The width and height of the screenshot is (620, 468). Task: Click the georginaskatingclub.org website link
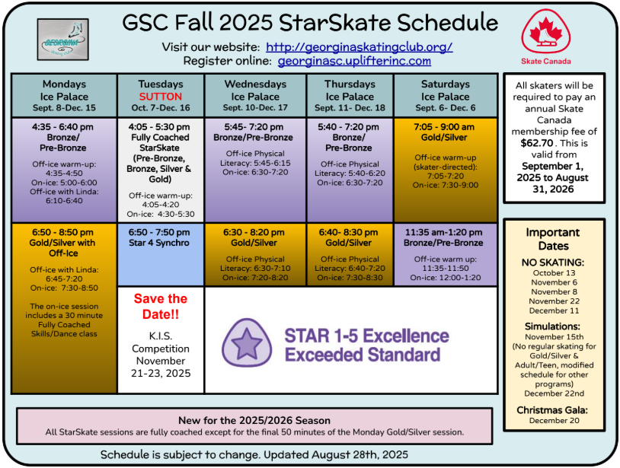pyautogui.click(x=359, y=47)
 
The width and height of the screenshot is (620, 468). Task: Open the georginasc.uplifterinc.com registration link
pyautogui.click(x=354, y=61)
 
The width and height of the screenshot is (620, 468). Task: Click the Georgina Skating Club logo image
pyautogui.click(x=63, y=40)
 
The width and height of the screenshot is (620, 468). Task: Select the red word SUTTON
pyautogui.click(x=161, y=97)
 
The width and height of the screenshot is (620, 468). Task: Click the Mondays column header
pyautogui.click(x=64, y=96)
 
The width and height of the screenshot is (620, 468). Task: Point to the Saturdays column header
pyautogui.click(x=446, y=96)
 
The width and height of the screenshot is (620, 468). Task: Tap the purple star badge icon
pyautogui.click(x=247, y=342)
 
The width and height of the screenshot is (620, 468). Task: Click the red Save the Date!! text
pyautogui.click(x=161, y=306)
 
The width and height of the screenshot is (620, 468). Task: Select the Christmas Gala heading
pyautogui.click(x=552, y=410)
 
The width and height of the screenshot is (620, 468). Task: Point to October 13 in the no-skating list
pyautogui.click(x=554, y=273)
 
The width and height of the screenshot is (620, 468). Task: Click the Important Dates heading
pyautogui.click(x=553, y=239)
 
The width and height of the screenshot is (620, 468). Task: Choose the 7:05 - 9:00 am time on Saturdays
pyautogui.click(x=444, y=127)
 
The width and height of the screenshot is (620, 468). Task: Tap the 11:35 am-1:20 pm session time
pyautogui.click(x=443, y=232)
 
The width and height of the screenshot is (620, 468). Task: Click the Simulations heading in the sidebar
pyautogui.click(x=552, y=326)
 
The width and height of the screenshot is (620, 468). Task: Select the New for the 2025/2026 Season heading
pyautogui.click(x=254, y=420)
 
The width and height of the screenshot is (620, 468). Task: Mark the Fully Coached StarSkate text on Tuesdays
pyautogui.click(x=160, y=142)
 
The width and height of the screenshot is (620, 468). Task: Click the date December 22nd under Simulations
pyautogui.click(x=554, y=393)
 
